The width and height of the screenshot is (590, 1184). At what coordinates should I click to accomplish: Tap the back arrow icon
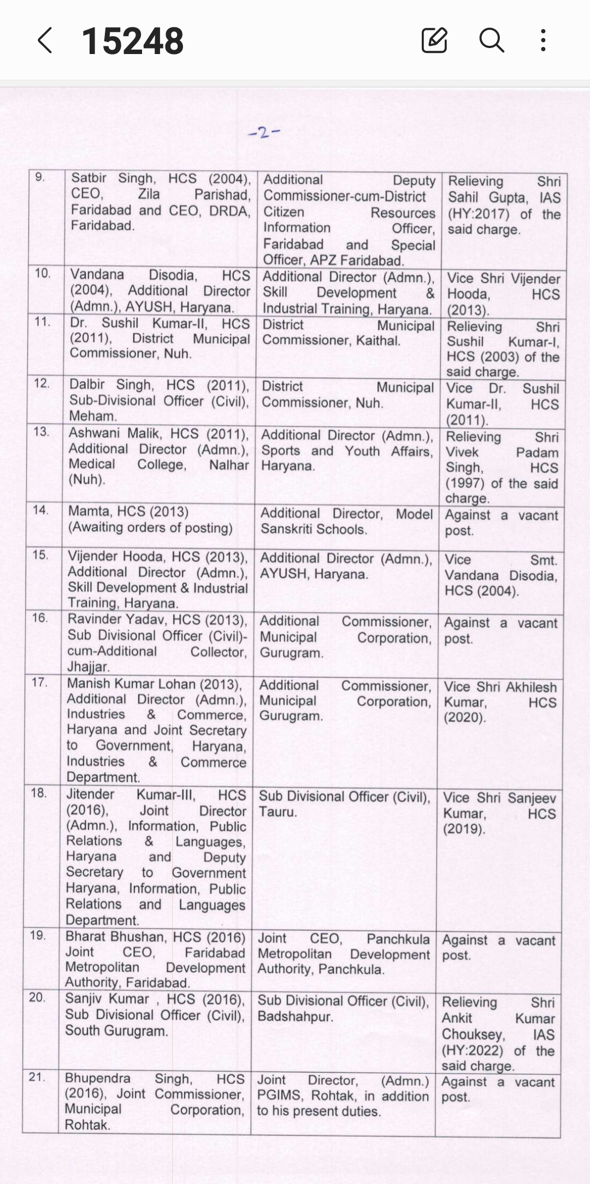pyautogui.click(x=45, y=41)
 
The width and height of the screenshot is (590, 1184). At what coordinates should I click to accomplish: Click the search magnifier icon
pyautogui.click(x=491, y=40)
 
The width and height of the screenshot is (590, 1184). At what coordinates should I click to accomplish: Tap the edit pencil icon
pyautogui.click(x=434, y=40)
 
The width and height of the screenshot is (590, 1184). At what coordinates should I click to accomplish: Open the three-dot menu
pyautogui.click(x=542, y=40)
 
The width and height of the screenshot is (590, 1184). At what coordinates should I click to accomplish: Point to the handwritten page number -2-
pyautogui.click(x=264, y=132)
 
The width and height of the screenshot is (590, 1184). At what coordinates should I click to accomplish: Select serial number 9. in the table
pyautogui.click(x=40, y=177)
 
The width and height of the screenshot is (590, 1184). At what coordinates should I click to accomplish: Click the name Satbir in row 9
pyautogui.click(x=88, y=178)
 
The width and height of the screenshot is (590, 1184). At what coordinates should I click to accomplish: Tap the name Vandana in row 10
pyautogui.click(x=97, y=274)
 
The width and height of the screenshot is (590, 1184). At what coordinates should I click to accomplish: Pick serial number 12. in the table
pyautogui.click(x=42, y=383)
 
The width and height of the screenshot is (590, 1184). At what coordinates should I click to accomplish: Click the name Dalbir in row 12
pyautogui.click(x=87, y=385)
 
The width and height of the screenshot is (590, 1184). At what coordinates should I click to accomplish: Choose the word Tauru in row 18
pyautogui.click(x=278, y=812)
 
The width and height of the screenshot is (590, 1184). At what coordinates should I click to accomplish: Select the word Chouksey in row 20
pyautogui.click(x=473, y=1034)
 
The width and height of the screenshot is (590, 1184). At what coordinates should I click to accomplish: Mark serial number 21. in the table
pyautogui.click(x=37, y=1077)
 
